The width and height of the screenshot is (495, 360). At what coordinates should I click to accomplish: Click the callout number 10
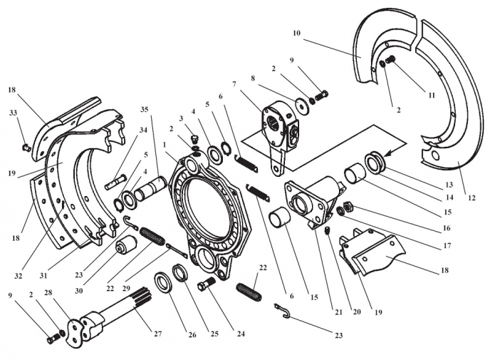click(296, 33)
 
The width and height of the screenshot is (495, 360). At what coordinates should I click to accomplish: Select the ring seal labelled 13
click(375, 161)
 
